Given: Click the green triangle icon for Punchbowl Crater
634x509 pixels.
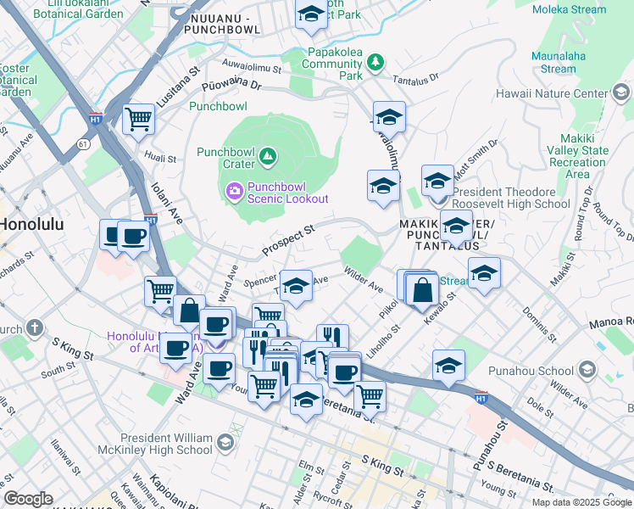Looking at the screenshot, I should (x=268, y=155).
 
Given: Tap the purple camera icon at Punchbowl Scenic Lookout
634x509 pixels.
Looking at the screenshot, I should (x=233, y=191).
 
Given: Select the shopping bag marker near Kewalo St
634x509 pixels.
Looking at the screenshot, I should (x=422, y=291).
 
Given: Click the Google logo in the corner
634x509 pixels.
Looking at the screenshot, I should (x=28, y=499).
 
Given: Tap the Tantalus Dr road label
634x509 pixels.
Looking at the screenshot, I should (x=415, y=78).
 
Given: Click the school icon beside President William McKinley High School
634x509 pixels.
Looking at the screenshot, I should (x=225, y=442).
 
